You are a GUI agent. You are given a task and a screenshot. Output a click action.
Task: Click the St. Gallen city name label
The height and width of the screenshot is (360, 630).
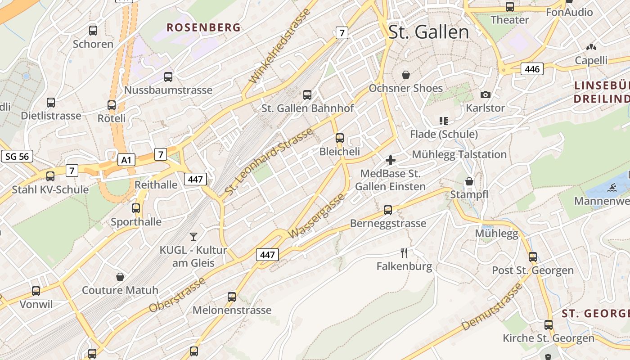click(x=428, y=32)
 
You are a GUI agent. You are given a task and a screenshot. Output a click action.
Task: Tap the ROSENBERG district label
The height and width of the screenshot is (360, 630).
click(x=203, y=27)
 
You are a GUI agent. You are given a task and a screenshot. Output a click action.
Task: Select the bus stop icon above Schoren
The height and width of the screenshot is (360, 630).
click(x=93, y=31)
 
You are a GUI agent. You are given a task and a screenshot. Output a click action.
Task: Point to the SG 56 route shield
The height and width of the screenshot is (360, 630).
click(x=17, y=156)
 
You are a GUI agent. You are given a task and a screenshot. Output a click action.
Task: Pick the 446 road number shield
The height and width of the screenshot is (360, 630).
click(x=532, y=69)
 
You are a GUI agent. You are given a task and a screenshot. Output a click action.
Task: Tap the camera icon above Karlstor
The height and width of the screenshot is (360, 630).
click(x=485, y=94)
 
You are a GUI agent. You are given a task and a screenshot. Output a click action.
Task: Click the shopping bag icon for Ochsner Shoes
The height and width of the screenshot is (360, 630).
click(x=406, y=74)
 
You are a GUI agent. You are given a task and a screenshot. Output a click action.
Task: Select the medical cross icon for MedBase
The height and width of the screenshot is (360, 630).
click(x=391, y=160)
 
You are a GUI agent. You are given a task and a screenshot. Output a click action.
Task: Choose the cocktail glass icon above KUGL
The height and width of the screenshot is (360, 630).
click(x=193, y=236)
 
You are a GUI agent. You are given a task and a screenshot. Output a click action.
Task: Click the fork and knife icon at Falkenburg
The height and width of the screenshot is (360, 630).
click(x=404, y=253)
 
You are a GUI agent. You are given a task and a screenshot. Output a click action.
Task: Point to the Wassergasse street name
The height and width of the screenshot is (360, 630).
click(x=317, y=216)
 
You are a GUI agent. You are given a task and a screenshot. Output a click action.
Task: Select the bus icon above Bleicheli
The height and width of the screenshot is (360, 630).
click(x=340, y=138)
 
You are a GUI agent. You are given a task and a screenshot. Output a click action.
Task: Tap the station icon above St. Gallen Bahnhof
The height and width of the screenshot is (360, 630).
click(x=307, y=94)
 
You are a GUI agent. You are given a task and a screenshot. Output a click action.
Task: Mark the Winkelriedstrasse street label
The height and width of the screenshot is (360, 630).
click(x=280, y=46)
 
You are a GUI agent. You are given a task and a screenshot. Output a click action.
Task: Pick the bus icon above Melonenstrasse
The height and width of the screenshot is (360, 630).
click(x=232, y=297)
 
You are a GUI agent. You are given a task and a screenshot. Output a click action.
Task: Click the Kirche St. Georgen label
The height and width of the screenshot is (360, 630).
click(x=549, y=338)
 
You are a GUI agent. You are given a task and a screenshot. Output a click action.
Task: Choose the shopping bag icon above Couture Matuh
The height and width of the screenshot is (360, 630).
click(x=120, y=276)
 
